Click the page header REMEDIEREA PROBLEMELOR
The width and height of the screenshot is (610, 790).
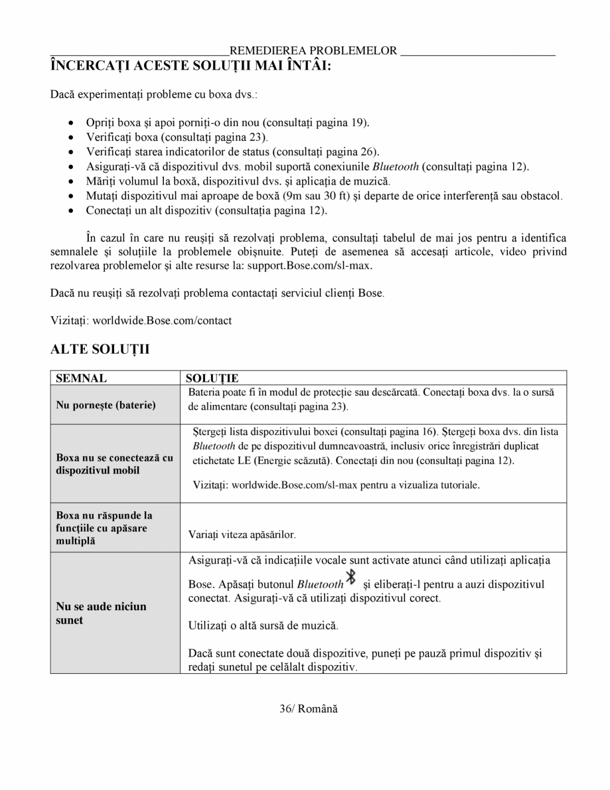tap(313, 51)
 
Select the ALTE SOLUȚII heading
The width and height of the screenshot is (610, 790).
tap(100, 350)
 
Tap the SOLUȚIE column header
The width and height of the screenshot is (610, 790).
tap(212, 378)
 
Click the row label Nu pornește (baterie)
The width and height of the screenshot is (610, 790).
tap(106, 405)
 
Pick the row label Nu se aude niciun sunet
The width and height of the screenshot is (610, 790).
tap(101, 613)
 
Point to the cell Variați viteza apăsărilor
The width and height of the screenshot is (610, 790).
tap(242, 534)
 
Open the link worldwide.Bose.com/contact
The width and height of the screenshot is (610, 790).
tap(162, 321)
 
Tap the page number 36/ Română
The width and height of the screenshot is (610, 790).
tap(308, 709)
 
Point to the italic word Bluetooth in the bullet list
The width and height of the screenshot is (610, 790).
tap(396, 167)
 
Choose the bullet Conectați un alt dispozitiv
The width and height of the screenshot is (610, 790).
tap(206, 210)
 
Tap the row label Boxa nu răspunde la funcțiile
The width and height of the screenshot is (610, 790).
tap(104, 528)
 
